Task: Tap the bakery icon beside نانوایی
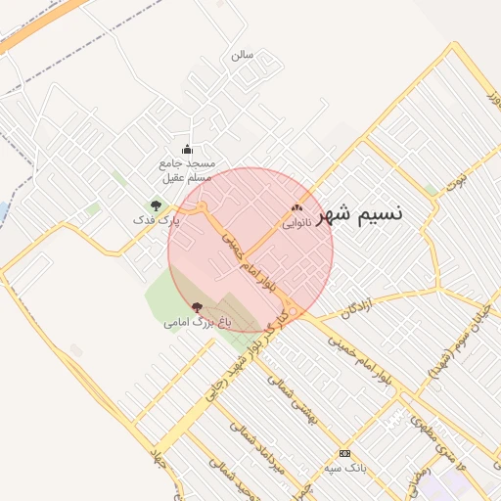click(297, 207)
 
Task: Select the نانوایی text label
click(296, 223)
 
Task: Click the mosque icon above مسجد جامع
click(188, 149)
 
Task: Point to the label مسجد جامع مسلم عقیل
click(189, 171)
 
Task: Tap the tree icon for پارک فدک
click(156, 205)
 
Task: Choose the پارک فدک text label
click(157, 221)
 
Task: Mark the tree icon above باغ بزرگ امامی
click(198, 306)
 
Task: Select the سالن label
click(242, 55)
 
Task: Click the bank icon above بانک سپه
click(344, 453)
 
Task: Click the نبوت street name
click(456, 181)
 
